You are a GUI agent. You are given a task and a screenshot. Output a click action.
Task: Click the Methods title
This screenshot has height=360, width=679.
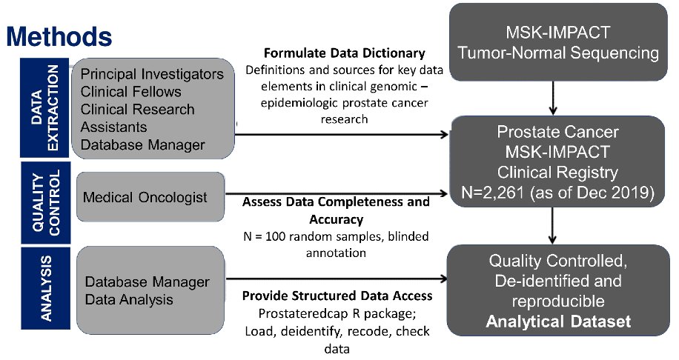tap(59, 36)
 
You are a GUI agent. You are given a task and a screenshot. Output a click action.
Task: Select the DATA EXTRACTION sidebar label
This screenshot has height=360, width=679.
tap(44, 107)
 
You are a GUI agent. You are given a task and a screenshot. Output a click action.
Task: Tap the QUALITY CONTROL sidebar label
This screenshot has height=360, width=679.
tap(45, 202)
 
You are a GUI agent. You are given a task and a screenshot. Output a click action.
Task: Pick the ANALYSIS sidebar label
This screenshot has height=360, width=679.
tap(45, 288)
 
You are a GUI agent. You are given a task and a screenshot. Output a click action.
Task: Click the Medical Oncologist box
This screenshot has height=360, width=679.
tap(150, 197)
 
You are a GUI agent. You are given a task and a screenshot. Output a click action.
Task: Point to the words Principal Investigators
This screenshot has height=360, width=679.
tap(152, 74)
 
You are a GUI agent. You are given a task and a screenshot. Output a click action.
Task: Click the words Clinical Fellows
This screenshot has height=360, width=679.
tap(130, 92)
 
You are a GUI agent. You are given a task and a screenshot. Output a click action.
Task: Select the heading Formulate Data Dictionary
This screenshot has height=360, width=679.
tap(344, 53)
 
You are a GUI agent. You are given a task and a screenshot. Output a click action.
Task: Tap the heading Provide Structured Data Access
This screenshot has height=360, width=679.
tap(337, 296)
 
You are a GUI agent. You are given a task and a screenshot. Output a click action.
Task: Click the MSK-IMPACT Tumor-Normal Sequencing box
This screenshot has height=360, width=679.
tap(558, 42)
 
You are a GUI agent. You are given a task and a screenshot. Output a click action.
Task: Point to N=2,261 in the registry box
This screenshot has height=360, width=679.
tap(493, 193)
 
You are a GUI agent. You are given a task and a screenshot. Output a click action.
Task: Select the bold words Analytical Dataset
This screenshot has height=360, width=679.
tap(558, 321)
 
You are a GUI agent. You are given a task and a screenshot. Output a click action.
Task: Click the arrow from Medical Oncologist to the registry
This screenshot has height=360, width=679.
tap(337, 194)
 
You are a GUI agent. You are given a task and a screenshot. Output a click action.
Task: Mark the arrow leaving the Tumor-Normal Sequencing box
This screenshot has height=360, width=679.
tap(552, 98)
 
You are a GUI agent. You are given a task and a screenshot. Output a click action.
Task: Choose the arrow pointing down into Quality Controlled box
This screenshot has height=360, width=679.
tap(552, 225)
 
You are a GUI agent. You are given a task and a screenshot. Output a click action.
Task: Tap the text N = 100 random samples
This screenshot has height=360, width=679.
tap(310, 237)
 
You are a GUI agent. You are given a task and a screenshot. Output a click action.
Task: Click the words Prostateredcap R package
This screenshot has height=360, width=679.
tap(337, 313)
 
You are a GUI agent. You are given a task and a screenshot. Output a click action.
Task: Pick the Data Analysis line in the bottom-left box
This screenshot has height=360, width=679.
tap(129, 299)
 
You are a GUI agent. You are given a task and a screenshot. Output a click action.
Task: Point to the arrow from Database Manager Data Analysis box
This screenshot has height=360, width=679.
tap(337, 279)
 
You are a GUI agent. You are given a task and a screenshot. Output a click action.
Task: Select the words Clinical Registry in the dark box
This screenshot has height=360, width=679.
tap(557, 172)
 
